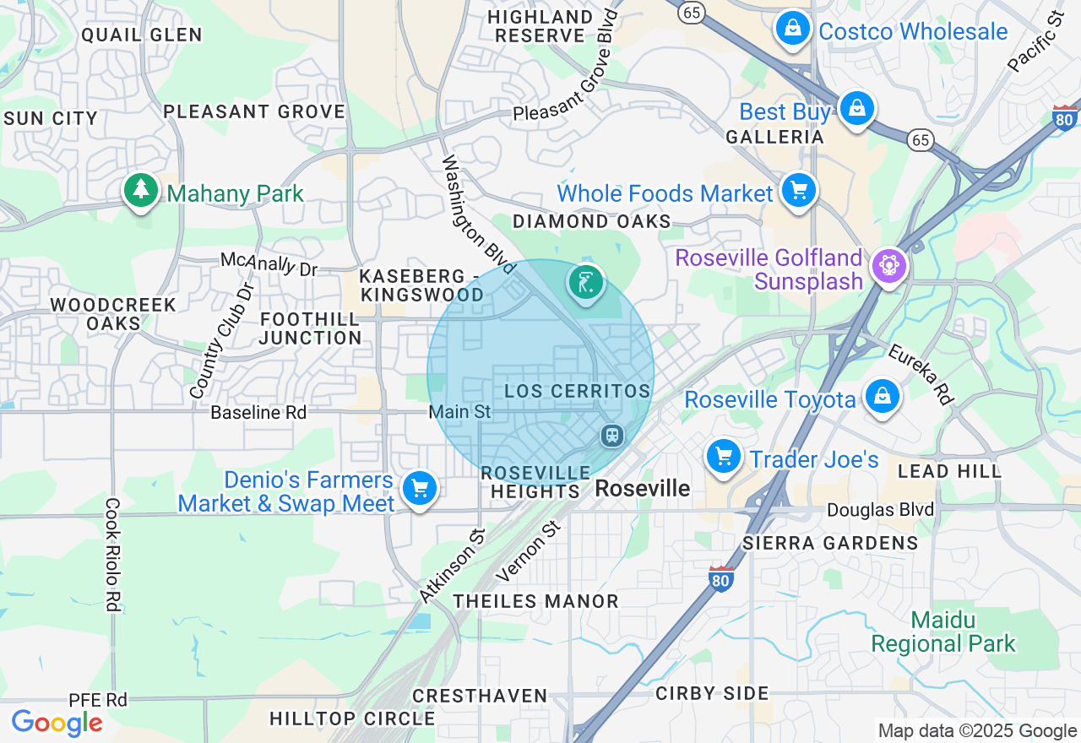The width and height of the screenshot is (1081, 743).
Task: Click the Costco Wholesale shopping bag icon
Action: (x=793, y=29)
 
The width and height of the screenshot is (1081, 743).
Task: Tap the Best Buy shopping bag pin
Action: (x=857, y=109)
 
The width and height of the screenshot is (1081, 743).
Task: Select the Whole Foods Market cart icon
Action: (x=798, y=191)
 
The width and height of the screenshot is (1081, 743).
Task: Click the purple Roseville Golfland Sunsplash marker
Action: (x=888, y=266)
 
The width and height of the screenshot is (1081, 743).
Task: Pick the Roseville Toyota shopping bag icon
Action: (x=883, y=396)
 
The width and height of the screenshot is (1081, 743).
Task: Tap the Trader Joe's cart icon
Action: (x=724, y=457)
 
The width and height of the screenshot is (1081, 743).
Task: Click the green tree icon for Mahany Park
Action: (x=141, y=191)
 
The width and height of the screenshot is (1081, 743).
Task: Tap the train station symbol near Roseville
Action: (x=612, y=436)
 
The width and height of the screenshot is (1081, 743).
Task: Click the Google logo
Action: (x=57, y=723)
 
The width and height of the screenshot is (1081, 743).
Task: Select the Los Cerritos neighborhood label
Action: (x=578, y=392)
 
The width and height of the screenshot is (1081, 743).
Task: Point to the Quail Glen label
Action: (x=142, y=35)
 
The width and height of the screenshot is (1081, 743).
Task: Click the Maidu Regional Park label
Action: (x=943, y=632)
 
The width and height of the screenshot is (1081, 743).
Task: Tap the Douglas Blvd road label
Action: (x=880, y=510)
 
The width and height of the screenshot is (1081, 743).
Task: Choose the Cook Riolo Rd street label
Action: (x=112, y=554)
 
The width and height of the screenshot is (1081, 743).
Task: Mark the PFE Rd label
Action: (x=98, y=700)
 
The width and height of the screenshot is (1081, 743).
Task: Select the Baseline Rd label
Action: (x=258, y=412)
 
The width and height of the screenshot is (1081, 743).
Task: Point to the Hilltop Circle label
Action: (x=352, y=719)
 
